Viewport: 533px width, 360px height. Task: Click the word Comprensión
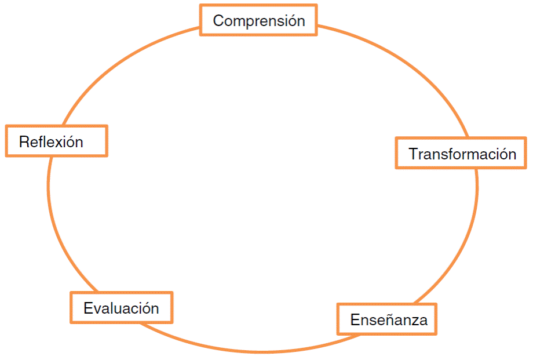pyautogui.click(x=259, y=21)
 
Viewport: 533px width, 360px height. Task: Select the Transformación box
pyautogui.click(x=461, y=153)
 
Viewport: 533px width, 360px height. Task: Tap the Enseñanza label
pyautogui.click(x=389, y=319)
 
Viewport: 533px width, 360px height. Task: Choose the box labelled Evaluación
pyautogui.click(x=121, y=308)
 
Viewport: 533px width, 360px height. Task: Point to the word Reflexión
pyautogui.click(x=51, y=141)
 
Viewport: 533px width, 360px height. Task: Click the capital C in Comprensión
pyautogui.click(x=218, y=21)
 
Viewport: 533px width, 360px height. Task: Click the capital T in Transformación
pyautogui.click(x=413, y=154)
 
